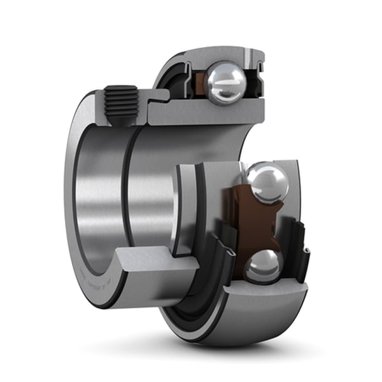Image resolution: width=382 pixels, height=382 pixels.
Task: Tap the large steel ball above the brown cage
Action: click(x=267, y=183)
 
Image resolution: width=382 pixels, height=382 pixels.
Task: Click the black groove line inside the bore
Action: click(x=127, y=191)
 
